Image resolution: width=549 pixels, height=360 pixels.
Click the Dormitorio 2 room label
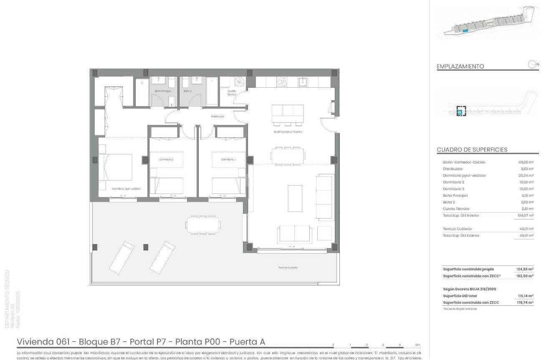[x=166, y=159]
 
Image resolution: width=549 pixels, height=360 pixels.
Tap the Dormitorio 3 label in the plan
[x=228, y=159]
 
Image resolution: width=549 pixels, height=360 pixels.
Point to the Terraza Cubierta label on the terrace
[x=288, y=267]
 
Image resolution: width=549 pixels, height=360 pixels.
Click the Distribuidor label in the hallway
[x=218, y=116]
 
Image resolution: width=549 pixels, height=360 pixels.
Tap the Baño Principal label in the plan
[x=163, y=91]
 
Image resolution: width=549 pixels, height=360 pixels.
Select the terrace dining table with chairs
[x=203, y=225]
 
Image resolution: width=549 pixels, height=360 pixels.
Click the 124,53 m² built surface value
[x=525, y=269]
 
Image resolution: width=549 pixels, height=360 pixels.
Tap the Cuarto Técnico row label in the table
[x=456, y=209]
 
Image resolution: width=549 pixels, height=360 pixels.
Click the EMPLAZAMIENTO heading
[x=460, y=66]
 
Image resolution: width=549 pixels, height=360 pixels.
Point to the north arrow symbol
[x=532, y=64]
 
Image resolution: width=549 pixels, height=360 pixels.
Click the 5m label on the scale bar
[x=417, y=345]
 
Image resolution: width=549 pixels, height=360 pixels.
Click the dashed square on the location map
[x=461, y=111]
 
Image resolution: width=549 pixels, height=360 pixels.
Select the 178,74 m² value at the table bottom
[x=525, y=302]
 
